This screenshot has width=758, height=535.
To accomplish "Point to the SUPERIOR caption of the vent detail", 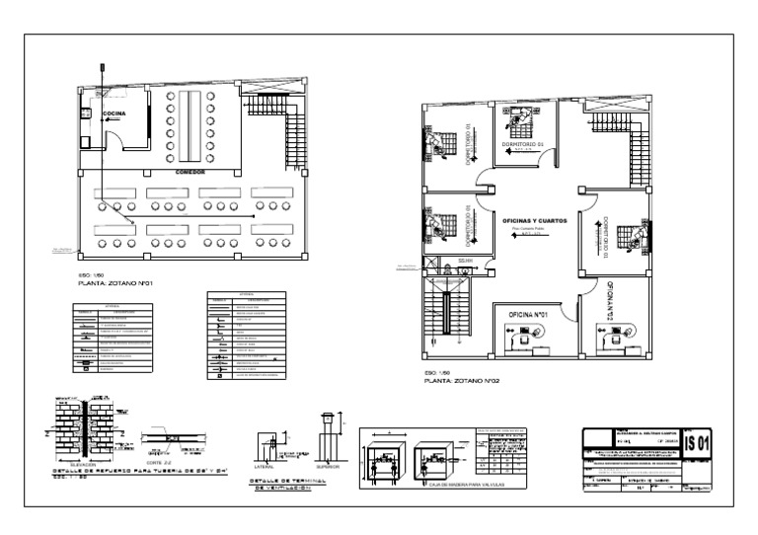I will click(328, 467).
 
